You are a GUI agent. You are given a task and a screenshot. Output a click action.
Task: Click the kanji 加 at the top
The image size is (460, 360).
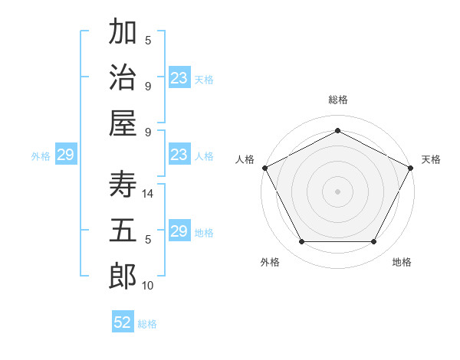click(x=123, y=34)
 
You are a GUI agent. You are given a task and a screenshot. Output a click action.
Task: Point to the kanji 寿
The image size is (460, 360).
click(x=123, y=184)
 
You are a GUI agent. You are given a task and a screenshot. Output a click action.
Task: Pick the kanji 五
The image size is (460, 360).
click(x=123, y=230)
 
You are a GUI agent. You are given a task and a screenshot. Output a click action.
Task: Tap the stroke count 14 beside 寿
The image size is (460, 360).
click(x=149, y=194)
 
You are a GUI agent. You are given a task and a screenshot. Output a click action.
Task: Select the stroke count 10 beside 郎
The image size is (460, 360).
click(x=149, y=286)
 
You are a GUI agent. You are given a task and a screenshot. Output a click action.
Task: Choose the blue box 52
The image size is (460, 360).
click(x=123, y=322)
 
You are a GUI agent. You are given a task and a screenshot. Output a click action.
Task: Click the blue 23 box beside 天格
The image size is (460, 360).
click(x=179, y=78)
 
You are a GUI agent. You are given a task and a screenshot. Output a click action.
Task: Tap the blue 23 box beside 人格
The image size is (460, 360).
click(x=179, y=155)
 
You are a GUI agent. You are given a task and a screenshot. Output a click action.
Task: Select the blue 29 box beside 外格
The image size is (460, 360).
click(x=65, y=155)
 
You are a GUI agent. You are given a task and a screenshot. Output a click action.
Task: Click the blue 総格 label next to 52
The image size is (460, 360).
click(x=147, y=324)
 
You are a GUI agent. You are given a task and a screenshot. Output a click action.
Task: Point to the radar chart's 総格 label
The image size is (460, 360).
click(x=337, y=100)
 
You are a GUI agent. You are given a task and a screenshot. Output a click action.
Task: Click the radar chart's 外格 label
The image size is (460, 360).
click(x=270, y=262)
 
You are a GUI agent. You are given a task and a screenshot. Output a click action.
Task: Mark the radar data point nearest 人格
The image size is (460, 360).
click(x=264, y=167)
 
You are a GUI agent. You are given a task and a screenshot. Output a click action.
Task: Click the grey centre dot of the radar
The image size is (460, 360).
click(x=337, y=191)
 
